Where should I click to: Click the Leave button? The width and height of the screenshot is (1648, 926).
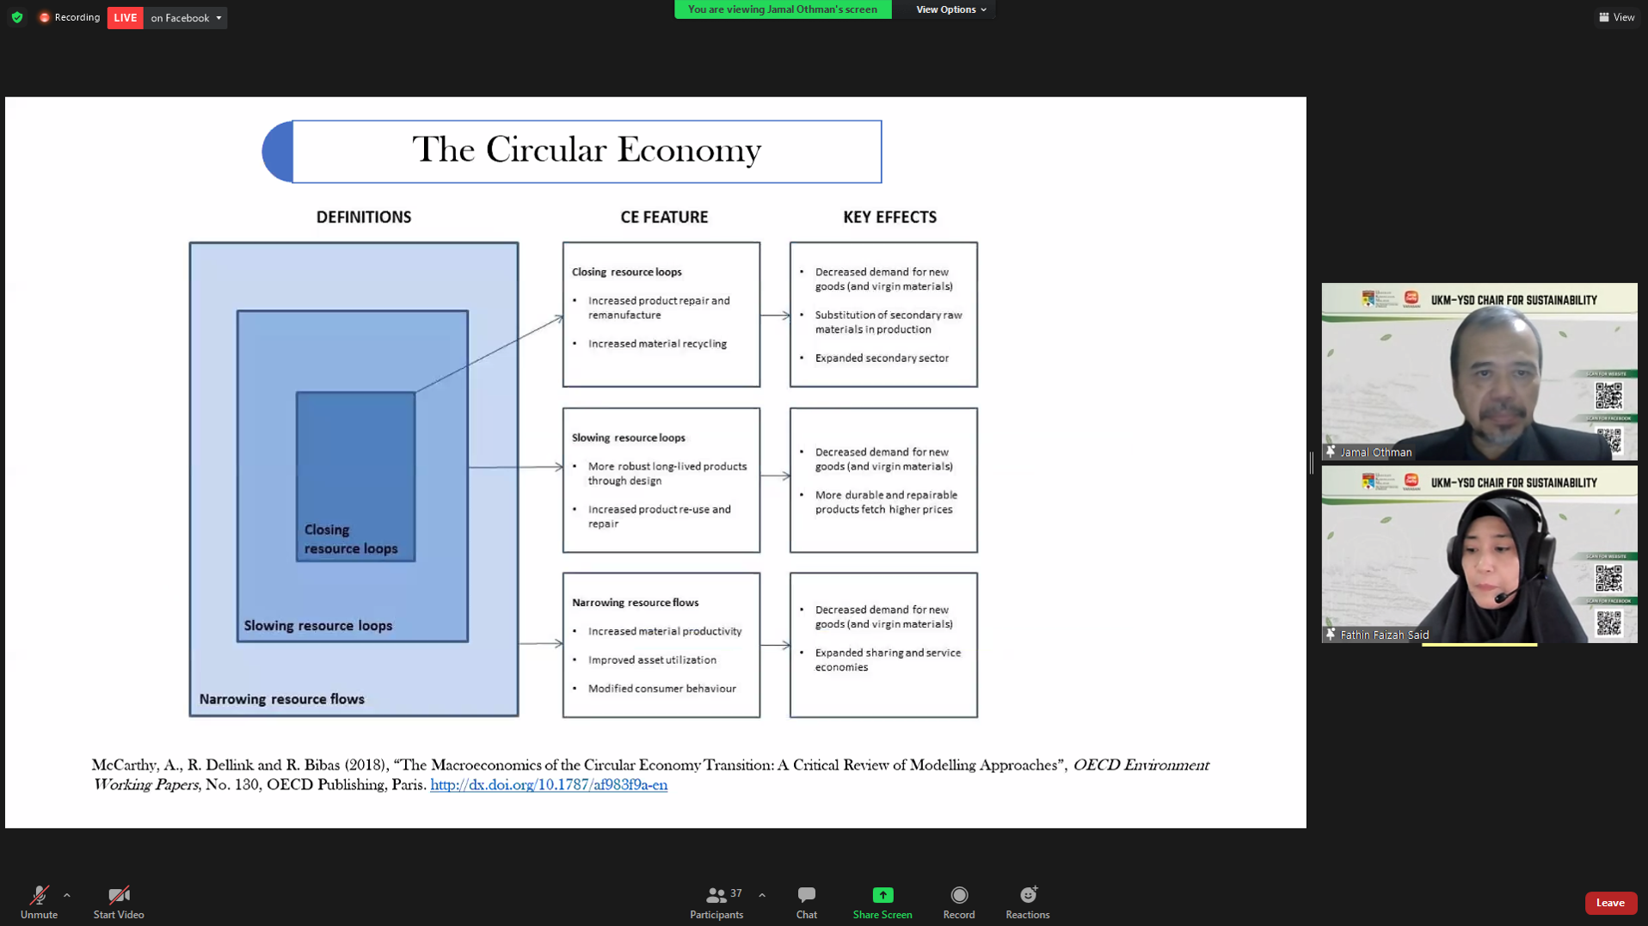point(1609,903)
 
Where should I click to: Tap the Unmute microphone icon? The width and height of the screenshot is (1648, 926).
point(39,895)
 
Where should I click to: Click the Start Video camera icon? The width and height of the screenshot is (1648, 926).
point(119,895)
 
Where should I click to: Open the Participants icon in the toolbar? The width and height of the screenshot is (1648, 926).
point(716,895)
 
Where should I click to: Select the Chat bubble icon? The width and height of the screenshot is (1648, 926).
point(806,895)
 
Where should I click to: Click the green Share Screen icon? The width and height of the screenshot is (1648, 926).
point(882,895)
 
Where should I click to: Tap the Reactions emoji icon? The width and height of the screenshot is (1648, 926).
point(1028,895)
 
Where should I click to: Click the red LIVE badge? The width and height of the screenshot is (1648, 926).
point(126,18)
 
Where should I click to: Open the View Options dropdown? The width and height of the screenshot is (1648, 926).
point(950,9)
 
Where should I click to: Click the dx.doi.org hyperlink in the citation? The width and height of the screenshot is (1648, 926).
point(549,785)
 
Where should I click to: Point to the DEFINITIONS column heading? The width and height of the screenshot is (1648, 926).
point(364,218)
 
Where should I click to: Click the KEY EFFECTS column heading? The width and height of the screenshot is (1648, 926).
point(889,218)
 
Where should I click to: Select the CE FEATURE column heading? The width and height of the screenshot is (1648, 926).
point(664,218)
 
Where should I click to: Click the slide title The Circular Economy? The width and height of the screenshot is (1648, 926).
point(587,150)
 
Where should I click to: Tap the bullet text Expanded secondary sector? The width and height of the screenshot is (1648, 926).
point(882,359)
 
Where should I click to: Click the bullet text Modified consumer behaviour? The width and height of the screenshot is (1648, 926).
point(661,689)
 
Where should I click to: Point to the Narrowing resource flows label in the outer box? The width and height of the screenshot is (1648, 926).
point(282,699)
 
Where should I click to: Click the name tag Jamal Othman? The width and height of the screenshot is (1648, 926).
point(1375,452)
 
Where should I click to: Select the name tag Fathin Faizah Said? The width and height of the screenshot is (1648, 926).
point(1384,635)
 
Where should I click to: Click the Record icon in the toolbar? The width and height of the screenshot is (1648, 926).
point(959,895)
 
